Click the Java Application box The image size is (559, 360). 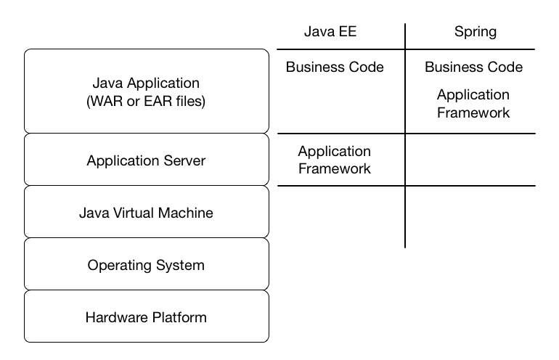coord(146,91)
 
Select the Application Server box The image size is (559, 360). coord(146,160)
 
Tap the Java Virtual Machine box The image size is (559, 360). coord(146,213)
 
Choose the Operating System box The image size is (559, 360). coord(146,265)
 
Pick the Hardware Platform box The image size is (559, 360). coord(146,317)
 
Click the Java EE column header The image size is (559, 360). coord(330,32)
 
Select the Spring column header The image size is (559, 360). coord(476,32)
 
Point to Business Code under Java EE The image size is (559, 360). coord(335,67)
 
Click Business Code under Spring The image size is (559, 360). coord(473,67)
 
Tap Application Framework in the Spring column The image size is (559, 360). coord(473,104)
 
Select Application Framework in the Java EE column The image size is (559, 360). coord(335,160)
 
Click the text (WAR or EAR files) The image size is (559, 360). coord(146,102)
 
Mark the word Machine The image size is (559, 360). coord(188,213)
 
